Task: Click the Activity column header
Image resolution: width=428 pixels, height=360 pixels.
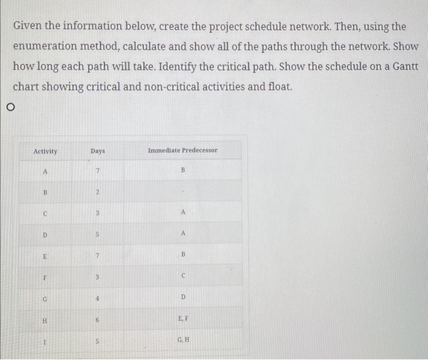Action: [x=45, y=151]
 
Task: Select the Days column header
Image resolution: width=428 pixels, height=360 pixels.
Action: [x=97, y=150]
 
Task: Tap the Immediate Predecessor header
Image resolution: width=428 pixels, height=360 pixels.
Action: [x=182, y=150]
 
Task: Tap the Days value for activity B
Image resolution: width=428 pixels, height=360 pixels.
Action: [x=97, y=193]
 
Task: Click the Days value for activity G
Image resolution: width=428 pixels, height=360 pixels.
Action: [x=97, y=297]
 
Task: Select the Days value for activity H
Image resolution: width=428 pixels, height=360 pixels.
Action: [x=97, y=318]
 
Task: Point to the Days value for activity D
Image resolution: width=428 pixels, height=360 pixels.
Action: [x=97, y=234]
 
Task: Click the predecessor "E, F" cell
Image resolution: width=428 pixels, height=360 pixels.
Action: [x=182, y=318]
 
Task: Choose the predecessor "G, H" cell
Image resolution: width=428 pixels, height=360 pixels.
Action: [x=182, y=339]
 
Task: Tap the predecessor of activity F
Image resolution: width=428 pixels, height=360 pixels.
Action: [x=182, y=276]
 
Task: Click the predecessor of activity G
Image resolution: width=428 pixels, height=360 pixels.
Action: [x=182, y=297]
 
